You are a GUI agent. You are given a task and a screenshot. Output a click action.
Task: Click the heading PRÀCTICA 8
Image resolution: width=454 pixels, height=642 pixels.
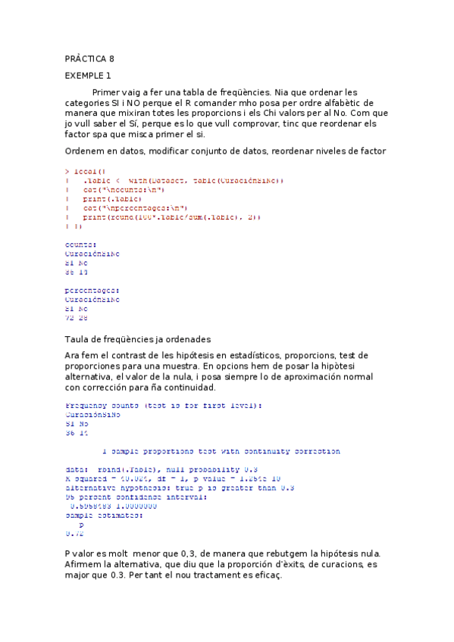click(89, 58)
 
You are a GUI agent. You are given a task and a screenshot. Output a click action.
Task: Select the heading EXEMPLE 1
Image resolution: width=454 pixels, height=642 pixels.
click(88, 76)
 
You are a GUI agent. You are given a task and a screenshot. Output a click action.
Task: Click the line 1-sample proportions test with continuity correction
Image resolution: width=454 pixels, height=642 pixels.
click(221, 450)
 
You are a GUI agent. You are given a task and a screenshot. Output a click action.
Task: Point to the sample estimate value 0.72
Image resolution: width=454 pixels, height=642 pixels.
click(74, 533)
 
